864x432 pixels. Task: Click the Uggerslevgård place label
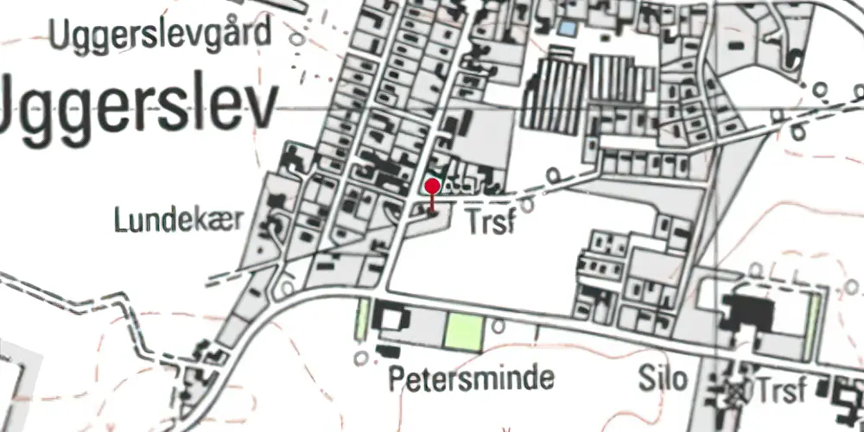click(x=160, y=35)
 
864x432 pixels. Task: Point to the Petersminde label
click(x=471, y=378)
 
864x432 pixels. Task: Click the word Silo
click(x=664, y=378)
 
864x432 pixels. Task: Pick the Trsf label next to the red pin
click(x=492, y=222)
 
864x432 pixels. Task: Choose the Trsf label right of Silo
click(x=783, y=384)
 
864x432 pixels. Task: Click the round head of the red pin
click(x=433, y=186)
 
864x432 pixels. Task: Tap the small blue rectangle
click(x=566, y=29)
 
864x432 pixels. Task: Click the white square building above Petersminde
click(x=392, y=320)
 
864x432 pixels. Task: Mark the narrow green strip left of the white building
click(x=363, y=319)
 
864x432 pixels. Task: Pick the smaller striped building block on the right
click(x=619, y=79)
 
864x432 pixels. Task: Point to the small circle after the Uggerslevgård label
click(x=297, y=39)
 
